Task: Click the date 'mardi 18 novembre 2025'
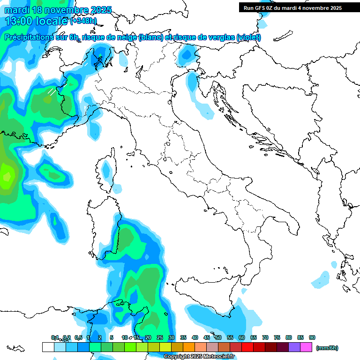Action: pos(58,10)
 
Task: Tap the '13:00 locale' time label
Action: pos(37,21)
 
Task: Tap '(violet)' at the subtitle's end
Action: pos(249,37)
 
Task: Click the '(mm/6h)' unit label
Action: pos(327,348)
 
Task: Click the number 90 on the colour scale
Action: pos(312,337)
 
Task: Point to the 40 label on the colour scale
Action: pos(195,337)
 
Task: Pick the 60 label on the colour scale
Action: pos(242,337)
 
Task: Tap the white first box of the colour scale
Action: pos(48,347)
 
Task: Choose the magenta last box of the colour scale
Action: pos(306,347)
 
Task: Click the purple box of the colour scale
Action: pos(294,347)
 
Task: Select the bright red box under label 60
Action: pos(247,347)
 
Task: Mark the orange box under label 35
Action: pos(189,347)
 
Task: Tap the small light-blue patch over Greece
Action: pos(321,280)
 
